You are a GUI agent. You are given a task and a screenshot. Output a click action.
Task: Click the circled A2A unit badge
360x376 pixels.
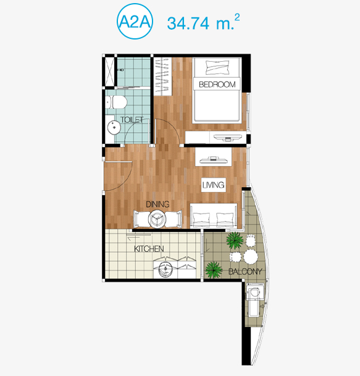pos(135,22)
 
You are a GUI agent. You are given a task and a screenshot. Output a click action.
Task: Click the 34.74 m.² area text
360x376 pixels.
pos(203,22)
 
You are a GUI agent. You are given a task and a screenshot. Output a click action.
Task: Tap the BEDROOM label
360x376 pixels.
pos(217,85)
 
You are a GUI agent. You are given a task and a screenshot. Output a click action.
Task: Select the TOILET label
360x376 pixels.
pos(132,120)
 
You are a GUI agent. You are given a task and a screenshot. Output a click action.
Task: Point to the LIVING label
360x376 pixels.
pos(213,185)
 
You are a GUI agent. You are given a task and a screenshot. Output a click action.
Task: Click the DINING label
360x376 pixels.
pos(157,204)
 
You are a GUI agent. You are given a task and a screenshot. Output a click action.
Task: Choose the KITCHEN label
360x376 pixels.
pos(149,249)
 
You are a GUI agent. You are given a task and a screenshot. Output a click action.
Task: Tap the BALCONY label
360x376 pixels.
pos(245,272)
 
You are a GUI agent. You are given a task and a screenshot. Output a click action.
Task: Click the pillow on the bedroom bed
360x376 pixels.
pos(217,67)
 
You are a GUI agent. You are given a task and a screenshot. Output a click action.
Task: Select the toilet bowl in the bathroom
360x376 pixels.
pos(116,102)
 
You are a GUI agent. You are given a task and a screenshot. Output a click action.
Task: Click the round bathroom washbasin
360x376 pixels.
pos(114,128)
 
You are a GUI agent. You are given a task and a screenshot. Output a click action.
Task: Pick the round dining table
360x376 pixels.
pos(157,219)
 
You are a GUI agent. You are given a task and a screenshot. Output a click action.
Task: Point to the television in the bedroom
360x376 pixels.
pos(227,138)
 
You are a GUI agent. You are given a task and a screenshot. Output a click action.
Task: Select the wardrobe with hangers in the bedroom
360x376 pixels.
pos(163,77)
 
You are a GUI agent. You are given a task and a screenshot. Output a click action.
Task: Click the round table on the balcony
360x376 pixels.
pos(251,257)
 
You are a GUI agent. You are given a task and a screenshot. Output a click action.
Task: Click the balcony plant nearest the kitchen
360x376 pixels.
pos(213,270)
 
